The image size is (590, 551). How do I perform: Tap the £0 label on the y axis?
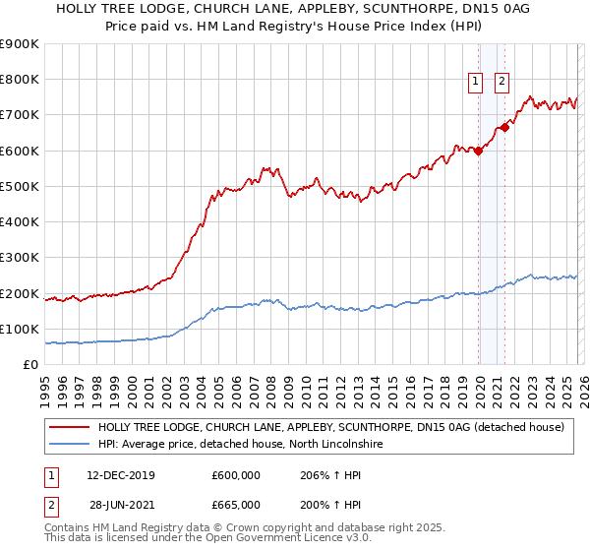[31, 365]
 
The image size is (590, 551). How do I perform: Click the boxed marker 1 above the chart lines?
[476, 83]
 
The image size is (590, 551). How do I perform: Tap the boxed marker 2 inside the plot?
[501, 83]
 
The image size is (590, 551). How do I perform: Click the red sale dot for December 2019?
[478, 151]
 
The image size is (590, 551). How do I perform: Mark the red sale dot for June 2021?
[504, 127]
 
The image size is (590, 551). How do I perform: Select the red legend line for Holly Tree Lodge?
[70, 428]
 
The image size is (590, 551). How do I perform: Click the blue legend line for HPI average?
[70, 445]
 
